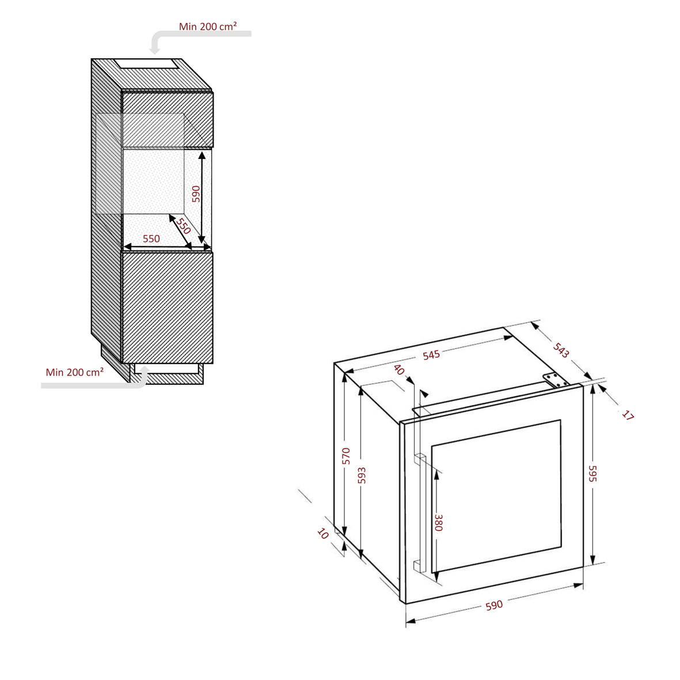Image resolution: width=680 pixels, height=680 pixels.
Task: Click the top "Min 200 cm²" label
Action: pos(208,26)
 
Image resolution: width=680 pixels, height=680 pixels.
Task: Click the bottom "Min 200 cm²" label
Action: pos(75,372)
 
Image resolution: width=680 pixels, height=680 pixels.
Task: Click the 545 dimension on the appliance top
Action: pos(431,355)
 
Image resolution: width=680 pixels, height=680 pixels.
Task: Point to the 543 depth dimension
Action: pos(561,350)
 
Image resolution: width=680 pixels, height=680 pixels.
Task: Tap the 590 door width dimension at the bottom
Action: pos(494,605)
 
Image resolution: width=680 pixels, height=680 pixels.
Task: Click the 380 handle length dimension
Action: pos(438,523)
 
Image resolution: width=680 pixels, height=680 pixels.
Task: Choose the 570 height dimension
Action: pos(346,456)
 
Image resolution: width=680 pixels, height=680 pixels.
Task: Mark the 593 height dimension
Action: pos(362,475)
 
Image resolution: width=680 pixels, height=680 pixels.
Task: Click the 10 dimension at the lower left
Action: pos(323,533)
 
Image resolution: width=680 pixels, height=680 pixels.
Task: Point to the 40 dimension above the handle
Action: pos(400,370)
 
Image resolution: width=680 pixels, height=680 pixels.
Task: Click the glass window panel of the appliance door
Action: pos(496,496)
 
